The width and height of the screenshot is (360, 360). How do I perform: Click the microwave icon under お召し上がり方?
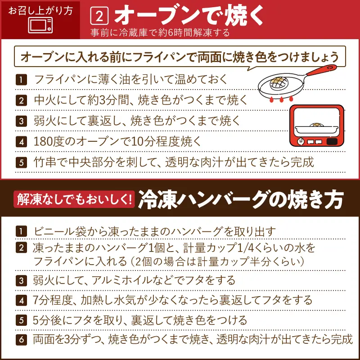pyautogui.click(x=40, y=25)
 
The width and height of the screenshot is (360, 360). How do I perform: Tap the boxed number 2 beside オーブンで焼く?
pyautogui.click(x=99, y=16)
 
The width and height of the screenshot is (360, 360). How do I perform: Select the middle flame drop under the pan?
pyautogui.click(x=281, y=99)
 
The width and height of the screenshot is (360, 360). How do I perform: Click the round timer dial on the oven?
pyautogui.click(x=301, y=141)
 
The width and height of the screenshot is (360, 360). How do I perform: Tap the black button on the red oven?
pyautogui.click(x=332, y=141)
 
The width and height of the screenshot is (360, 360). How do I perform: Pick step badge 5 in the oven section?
pyautogui.click(x=21, y=162)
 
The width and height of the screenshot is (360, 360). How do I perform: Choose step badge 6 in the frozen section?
pyautogui.click(x=21, y=340)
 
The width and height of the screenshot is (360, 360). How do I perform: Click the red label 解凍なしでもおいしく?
pyautogui.click(x=74, y=199)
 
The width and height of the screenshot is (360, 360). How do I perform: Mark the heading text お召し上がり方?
pyautogui.click(x=40, y=10)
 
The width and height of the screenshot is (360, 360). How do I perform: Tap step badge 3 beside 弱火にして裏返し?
pyautogui.click(x=21, y=121)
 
